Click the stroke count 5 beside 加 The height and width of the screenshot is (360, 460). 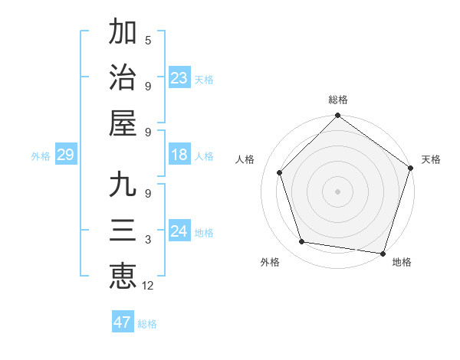point(148,41)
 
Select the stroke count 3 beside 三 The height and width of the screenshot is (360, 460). point(148,240)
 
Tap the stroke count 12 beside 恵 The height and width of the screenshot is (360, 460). point(149,285)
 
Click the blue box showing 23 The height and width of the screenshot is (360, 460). point(179,77)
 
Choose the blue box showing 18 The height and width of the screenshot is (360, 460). point(179,155)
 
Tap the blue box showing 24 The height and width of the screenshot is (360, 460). point(179,231)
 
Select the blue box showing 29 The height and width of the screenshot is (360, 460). point(65,155)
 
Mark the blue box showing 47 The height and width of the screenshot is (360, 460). point(122,322)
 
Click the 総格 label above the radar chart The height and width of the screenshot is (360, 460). point(337,100)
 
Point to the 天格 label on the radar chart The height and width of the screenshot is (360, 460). point(431,159)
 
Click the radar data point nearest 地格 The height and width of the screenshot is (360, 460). point(383,253)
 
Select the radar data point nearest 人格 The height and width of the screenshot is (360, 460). point(280,172)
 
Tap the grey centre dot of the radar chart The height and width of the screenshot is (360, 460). point(337,191)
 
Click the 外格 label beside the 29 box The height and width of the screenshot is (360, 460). point(41,156)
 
